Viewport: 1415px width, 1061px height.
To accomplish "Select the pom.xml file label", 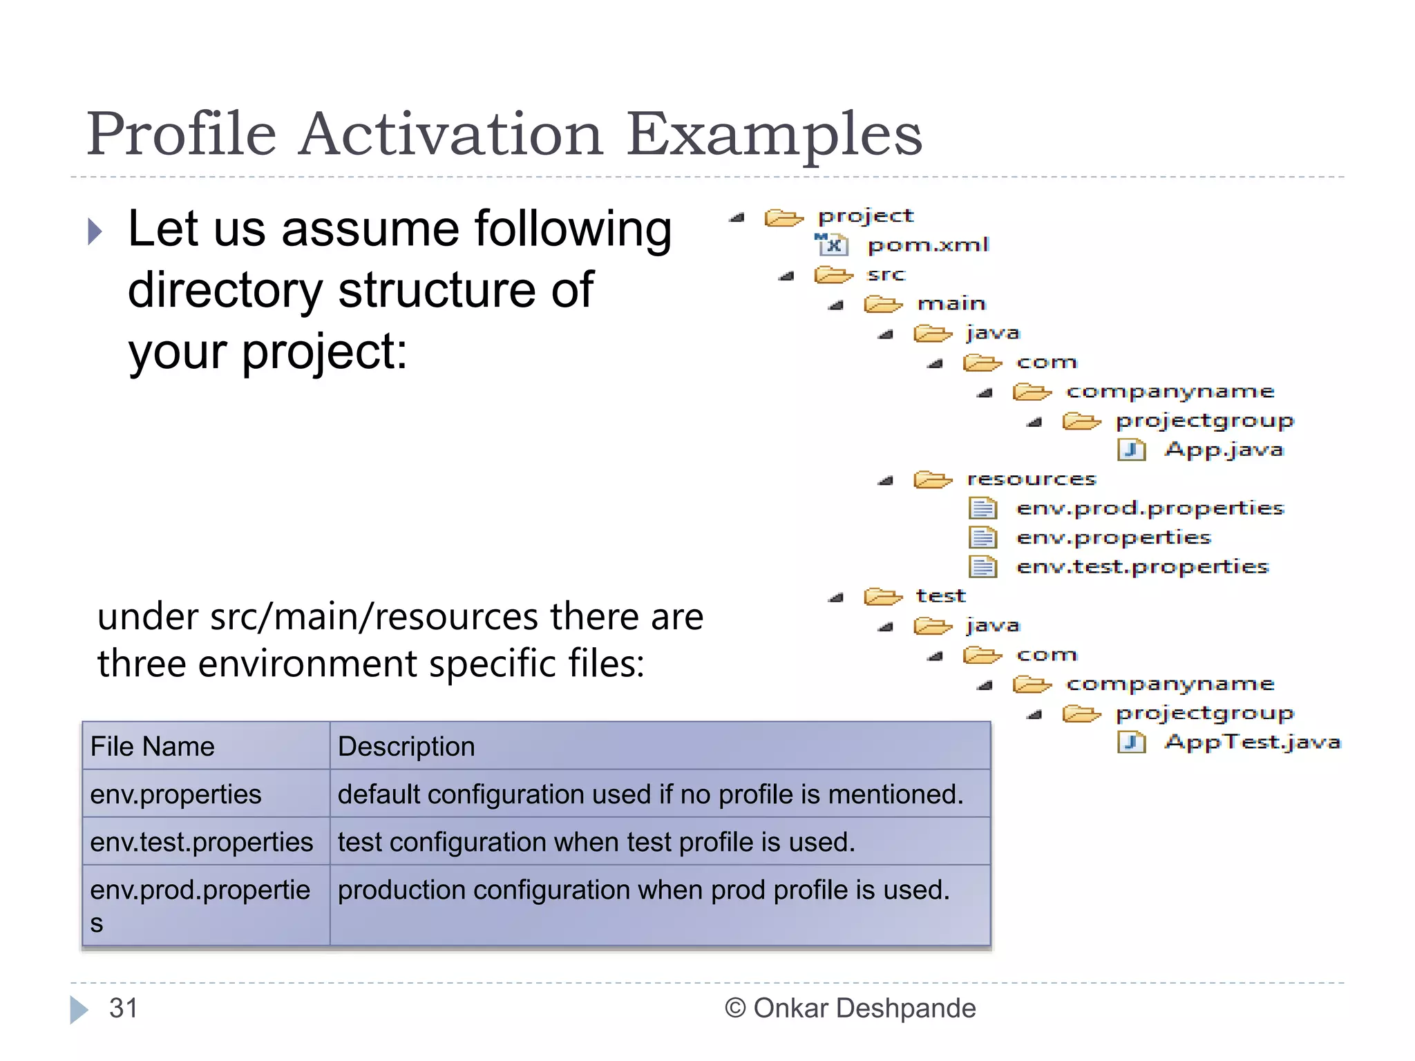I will click(928, 245).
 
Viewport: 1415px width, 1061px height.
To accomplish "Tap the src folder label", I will click(885, 275).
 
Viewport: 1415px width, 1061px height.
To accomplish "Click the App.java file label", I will click(1224, 450).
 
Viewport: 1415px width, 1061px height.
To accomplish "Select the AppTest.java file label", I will click(1252, 742).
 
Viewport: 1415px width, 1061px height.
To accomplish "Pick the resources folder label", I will click(1031, 479).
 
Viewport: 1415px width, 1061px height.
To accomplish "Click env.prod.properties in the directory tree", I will click(1150, 508).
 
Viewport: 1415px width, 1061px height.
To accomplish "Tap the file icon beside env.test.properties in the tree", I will click(982, 567).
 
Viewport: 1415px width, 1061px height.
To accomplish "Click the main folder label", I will click(951, 304).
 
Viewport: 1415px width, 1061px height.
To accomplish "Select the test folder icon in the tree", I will click(882, 596).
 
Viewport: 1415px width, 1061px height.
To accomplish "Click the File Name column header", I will click(153, 747).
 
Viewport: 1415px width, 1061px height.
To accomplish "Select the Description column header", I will click(406, 747).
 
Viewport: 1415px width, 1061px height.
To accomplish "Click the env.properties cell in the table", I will click(175, 794).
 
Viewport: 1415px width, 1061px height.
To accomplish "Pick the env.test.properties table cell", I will click(201, 842).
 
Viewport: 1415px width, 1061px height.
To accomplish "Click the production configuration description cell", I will click(643, 890).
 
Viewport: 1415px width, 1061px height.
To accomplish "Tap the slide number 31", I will click(124, 1009).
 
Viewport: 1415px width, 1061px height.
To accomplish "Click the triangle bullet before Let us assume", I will click(95, 231).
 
